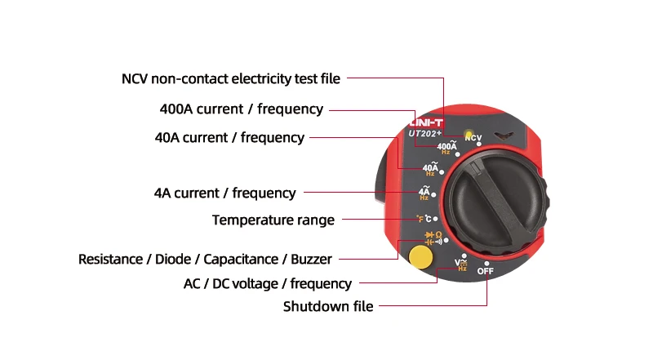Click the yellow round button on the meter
[x=420, y=256]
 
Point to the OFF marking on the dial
[x=486, y=270]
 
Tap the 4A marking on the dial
[x=424, y=193]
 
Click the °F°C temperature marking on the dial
[x=425, y=219]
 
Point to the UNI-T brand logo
[x=424, y=120]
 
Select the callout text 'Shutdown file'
[x=328, y=307]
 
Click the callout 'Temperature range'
[x=273, y=220]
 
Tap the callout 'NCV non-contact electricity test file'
[x=231, y=79]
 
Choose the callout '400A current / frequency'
[x=242, y=109]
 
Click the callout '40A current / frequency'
[x=229, y=137]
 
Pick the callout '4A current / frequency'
[x=224, y=193]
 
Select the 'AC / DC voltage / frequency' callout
[x=268, y=284]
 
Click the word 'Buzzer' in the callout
[x=312, y=260]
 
